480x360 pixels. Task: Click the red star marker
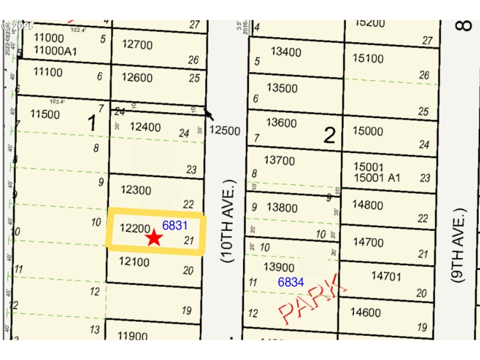154,238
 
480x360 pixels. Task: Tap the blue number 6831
175,226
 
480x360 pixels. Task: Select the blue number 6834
290,281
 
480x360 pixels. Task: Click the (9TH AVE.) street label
460,245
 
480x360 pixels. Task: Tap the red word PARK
312,299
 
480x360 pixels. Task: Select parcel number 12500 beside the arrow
226,130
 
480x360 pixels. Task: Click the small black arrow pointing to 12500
209,114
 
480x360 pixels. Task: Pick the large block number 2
329,136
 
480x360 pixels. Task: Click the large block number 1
92,124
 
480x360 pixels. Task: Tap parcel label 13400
286,52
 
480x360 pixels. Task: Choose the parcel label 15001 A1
372,178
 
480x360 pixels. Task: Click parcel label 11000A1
55,52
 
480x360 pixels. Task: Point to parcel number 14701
386,276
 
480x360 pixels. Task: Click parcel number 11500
45,115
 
